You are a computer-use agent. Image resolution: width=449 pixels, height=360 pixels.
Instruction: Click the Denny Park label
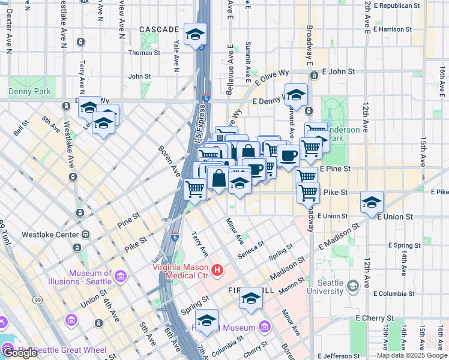tap(29, 92)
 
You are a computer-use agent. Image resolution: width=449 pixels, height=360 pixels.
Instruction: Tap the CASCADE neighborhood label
tap(159, 29)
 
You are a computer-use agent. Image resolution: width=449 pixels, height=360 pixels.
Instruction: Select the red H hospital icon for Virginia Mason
tap(217, 271)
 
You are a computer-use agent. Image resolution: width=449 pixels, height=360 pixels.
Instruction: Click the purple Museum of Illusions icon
tap(121, 277)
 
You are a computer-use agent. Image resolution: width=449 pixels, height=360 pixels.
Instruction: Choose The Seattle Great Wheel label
tap(62, 350)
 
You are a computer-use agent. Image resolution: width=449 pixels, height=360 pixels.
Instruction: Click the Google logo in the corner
tap(20, 353)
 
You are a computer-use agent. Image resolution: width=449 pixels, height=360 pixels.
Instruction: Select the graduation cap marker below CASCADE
tap(195, 35)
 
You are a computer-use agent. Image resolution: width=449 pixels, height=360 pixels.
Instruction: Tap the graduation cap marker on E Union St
tap(372, 203)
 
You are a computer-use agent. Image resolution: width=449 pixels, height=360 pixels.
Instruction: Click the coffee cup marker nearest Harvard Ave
tap(288, 157)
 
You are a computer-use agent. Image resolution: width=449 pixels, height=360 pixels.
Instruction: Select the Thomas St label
tap(144, 53)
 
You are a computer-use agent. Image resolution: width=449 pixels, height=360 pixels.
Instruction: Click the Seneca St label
tap(253, 247)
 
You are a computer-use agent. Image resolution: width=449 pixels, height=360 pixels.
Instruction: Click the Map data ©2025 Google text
tap(411, 355)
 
